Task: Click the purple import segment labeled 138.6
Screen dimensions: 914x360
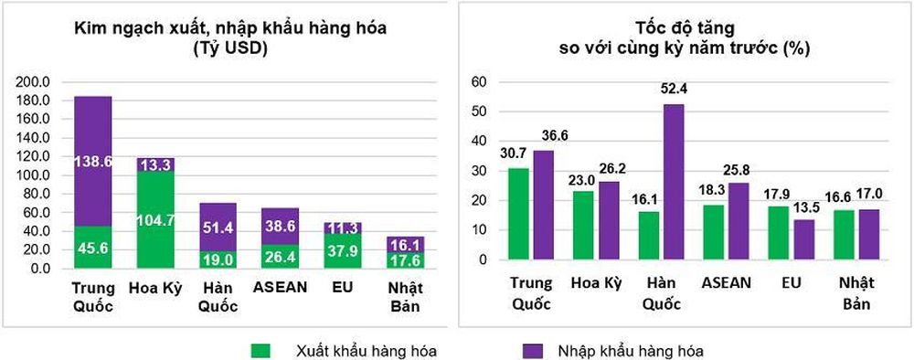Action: [92, 161]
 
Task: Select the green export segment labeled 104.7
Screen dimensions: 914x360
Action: [154, 219]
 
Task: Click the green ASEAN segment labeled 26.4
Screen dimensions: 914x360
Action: [281, 257]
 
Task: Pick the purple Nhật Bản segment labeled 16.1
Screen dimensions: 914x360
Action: [406, 244]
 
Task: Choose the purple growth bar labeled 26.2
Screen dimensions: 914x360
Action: [609, 221]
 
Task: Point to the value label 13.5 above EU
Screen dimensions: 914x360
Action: [804, 207]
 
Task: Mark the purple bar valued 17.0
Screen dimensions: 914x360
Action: [869, 235]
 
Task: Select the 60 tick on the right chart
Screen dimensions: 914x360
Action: [479, 81]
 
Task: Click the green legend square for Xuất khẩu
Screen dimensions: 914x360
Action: [261, 350]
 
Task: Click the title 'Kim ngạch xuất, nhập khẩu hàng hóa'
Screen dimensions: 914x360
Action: [229, 28]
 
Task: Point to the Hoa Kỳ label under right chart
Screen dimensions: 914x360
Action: [597, 283]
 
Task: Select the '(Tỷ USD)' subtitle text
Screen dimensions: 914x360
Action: [229, 49]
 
